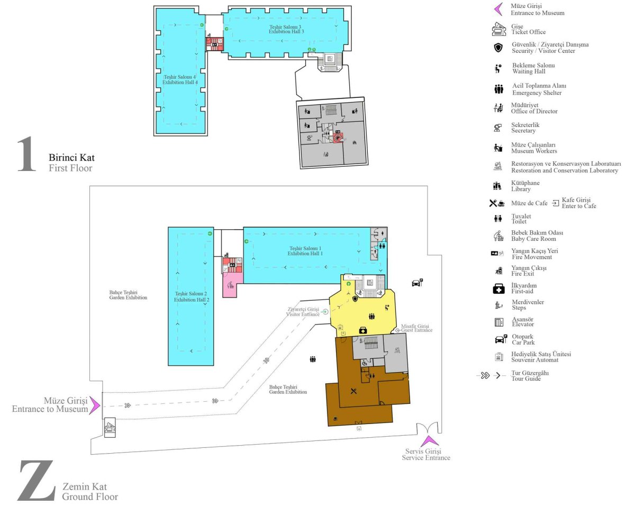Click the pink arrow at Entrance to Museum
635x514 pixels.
tap(95, 405)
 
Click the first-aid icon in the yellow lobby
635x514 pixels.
tap(363, 330)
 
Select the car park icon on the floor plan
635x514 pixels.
tap(418, 282)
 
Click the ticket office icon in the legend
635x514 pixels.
tap(498, 29)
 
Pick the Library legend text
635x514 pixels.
tap(525, 186)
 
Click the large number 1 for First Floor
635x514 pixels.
tap(26, 154)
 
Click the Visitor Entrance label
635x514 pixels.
tap(303, 312)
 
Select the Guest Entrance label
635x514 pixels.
tap(416, 328)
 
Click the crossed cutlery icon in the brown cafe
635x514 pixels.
tap(353, 391)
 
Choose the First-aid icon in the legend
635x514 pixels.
tap(499, 288)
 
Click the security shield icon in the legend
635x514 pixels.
tap(498, 48)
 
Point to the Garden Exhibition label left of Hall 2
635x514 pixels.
tap(128, 295)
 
